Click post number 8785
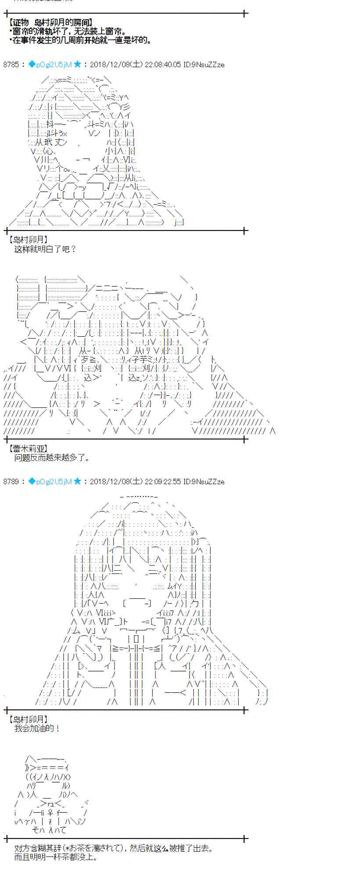pyautogui.click(x=11, y=65)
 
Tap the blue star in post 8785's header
pyautogui.click(x=77, y=64)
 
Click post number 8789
pyautogui.click(x=11, y=482)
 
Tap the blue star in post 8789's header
pyautogui.click(x=77, y=481)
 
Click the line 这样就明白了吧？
pyautogui.click(x=46, y=249)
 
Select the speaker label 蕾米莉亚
pyautogui.click(x=28, y=449)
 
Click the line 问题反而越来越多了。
pyautogui.click(x=52, y=458)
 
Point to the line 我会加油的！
pyautogui.click(x=37, y=728)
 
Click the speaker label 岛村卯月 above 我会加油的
pyautogui.click(x=28, y=719)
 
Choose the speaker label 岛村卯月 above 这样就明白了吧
pyautogui.click(x=28, y=240)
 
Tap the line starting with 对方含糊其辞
pyautogui.click(x=114, y=848)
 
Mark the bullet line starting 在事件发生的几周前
pyautogui.click(x=81, y=40)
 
